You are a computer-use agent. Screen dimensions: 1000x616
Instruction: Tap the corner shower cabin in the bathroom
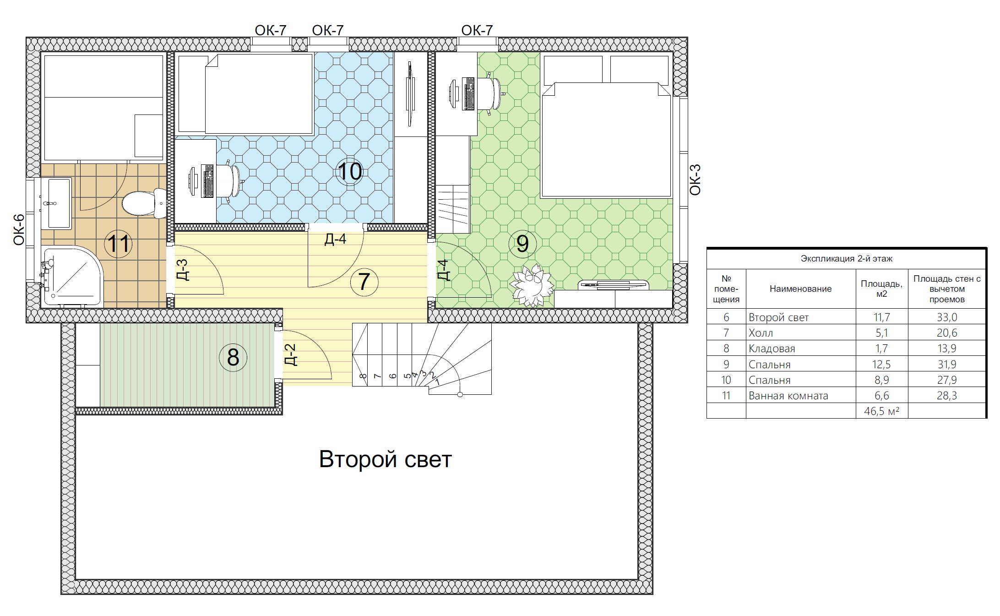pos(72,276)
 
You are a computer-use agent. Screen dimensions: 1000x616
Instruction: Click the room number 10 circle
pos(350,171)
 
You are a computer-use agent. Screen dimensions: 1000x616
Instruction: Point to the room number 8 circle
pos(233,357)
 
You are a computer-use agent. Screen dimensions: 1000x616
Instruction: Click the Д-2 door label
pos(291,355)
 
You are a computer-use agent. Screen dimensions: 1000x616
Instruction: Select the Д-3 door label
pos(182,270)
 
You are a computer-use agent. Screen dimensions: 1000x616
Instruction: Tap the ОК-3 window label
pos(695,180)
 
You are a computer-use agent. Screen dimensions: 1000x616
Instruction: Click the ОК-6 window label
pos(19,230)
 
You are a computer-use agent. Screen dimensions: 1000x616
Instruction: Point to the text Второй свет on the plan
pos(386,459)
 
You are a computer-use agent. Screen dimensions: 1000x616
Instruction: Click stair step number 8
pos(363,376)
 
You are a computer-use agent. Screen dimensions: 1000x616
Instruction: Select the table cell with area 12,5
pos(882,365)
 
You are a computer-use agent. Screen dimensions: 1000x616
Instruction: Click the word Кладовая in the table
pos(772,349)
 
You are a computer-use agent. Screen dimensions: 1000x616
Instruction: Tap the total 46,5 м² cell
pos(882,411)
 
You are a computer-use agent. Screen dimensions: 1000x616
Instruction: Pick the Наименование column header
pos(801,289)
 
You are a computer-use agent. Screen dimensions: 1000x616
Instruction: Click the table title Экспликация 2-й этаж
pos(847,259)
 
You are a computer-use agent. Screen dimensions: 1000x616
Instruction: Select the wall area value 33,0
pos(947,317)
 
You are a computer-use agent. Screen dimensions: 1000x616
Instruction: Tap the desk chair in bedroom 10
pos(229,181)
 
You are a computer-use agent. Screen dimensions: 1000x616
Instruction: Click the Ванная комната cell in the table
pos(788,396)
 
